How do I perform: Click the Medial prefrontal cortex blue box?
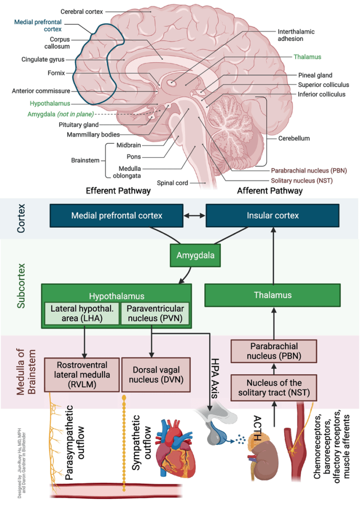[117, 216]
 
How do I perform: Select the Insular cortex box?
[273, 216]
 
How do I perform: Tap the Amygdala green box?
[195, 255]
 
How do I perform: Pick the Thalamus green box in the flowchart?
[273, 295]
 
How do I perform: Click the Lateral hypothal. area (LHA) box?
[80, 313]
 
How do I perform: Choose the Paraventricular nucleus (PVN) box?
[155, 313]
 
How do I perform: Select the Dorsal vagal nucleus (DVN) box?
[155, 375]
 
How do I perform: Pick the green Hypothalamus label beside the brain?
[49, 103]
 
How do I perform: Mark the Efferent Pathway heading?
[118, 191]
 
